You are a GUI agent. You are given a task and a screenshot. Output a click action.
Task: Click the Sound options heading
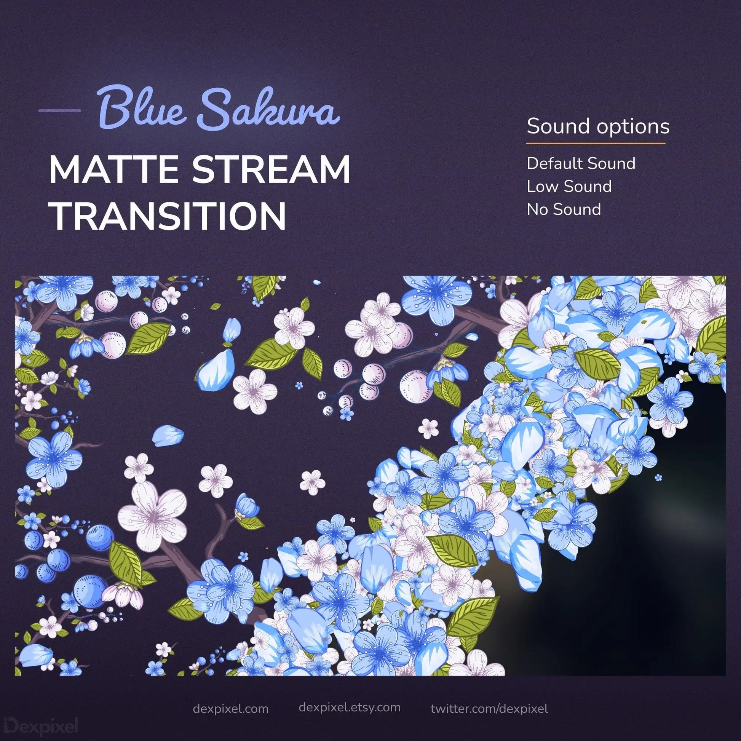pos(598,126)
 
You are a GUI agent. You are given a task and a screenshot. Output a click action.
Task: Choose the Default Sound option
pos(581,163)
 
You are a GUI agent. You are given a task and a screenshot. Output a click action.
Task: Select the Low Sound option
pos(569,187)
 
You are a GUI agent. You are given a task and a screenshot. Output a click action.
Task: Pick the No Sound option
pos(564,209)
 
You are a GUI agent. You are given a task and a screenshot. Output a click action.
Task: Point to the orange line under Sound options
pos(595,144)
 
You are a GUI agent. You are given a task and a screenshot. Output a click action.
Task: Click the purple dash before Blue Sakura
pos(59,111)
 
